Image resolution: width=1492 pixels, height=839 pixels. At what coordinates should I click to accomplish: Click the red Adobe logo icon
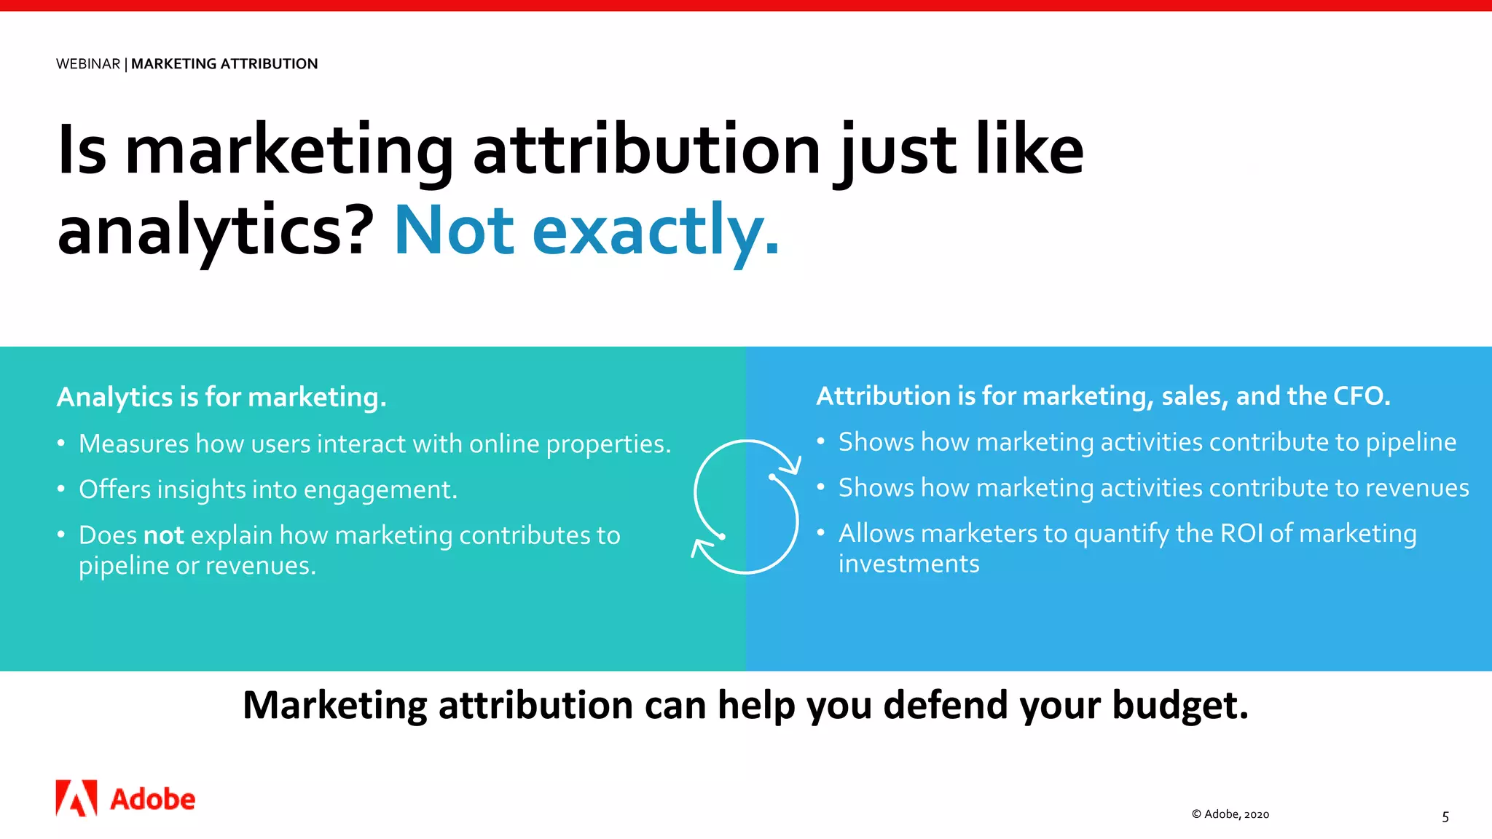76,798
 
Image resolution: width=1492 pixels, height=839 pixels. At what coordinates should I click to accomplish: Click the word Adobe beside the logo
153,800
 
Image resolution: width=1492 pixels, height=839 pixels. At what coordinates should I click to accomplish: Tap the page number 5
1445,817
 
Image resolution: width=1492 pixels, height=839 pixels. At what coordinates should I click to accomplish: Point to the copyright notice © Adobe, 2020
1230,814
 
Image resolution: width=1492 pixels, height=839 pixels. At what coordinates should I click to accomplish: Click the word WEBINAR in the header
88,64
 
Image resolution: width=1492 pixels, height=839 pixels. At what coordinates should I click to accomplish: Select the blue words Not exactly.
586,231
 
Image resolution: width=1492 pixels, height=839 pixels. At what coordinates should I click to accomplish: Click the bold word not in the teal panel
164,535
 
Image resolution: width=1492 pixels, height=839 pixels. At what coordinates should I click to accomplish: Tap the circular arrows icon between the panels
746,507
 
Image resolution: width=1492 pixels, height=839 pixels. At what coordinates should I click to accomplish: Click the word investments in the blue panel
909,564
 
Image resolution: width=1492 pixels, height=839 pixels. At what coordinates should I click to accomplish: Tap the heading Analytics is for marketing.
221,398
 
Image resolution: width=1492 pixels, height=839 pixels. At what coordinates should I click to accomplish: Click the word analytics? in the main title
216,231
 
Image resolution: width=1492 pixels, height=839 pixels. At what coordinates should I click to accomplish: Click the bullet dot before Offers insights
62,489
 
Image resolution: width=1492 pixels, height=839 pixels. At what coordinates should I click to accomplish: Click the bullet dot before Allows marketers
821,533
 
